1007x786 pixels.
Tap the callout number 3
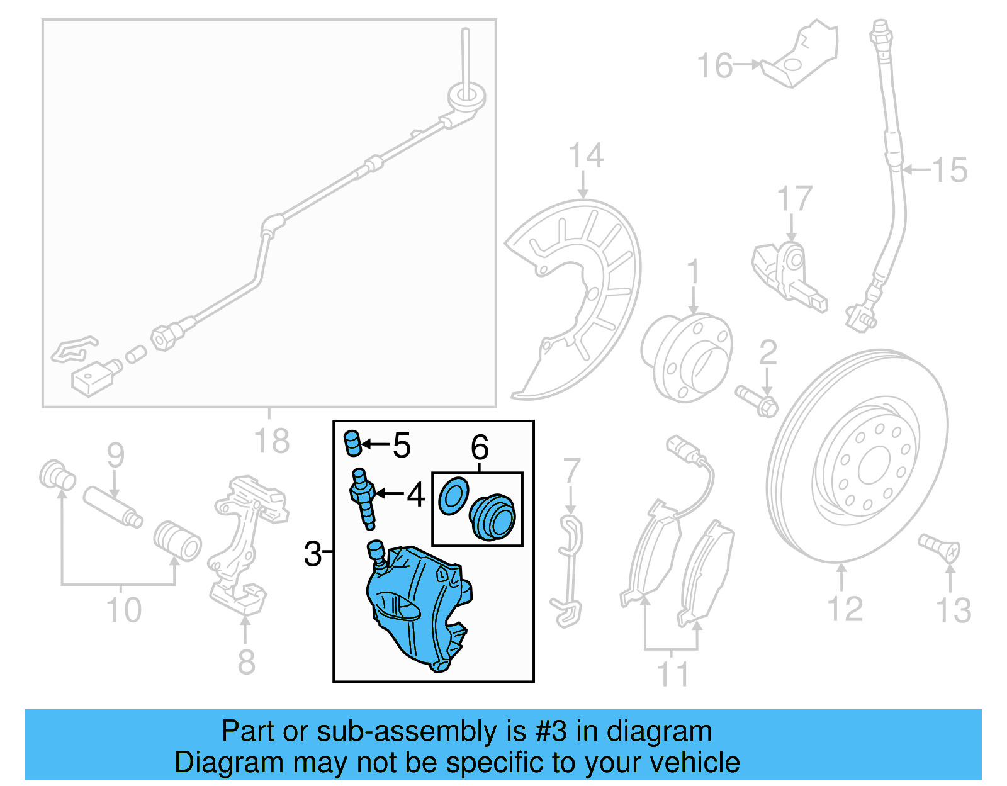click(312, 554)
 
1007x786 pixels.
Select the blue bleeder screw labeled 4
click(363, 497)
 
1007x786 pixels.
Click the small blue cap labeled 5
click(352, 442)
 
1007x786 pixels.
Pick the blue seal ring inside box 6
click(453, 496)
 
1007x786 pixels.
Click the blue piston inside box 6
click(493, 517)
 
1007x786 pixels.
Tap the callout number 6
click(480, 447)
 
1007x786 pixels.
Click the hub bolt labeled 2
click(757, 401)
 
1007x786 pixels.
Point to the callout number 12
click(844, 609)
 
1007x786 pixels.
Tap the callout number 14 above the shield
click(586, 155)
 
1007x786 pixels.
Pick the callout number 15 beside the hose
click(949, 171)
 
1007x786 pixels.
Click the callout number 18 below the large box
click(272, 441)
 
